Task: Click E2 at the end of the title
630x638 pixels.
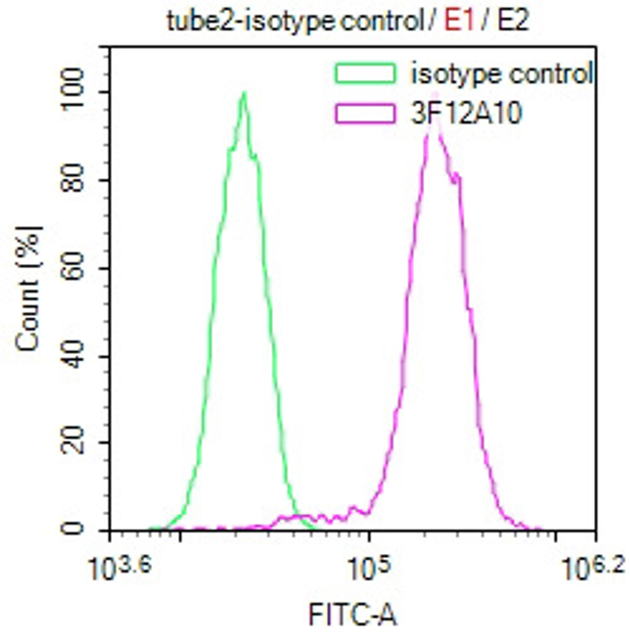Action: (513, 21)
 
